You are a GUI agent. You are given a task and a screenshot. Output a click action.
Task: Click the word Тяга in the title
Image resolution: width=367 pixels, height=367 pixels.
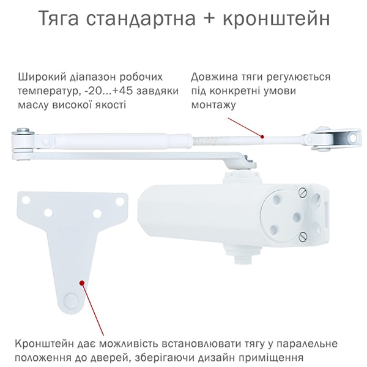58,19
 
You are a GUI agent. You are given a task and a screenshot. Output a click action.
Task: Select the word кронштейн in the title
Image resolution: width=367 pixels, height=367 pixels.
276,18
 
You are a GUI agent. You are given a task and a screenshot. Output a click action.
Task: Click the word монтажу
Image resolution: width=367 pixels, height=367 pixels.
213,105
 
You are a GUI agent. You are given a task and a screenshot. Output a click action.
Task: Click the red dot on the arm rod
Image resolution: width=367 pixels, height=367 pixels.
262,136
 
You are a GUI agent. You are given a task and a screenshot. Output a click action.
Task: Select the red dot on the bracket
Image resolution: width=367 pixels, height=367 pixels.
82,283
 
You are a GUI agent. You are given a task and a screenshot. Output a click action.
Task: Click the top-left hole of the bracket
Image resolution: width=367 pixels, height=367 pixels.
26,200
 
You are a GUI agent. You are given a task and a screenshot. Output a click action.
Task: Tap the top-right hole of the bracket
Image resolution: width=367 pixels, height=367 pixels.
120,201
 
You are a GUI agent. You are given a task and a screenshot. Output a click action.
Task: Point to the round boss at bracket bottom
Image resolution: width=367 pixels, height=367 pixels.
71,300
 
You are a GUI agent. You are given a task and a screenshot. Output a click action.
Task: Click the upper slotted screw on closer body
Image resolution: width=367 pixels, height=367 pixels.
302,193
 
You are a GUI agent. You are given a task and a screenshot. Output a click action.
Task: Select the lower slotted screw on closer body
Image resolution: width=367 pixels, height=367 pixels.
303,237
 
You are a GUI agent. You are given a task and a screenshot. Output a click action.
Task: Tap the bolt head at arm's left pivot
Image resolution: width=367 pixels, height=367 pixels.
23,130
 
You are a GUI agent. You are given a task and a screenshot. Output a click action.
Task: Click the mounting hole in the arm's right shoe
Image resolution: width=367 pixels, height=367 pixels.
353,138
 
